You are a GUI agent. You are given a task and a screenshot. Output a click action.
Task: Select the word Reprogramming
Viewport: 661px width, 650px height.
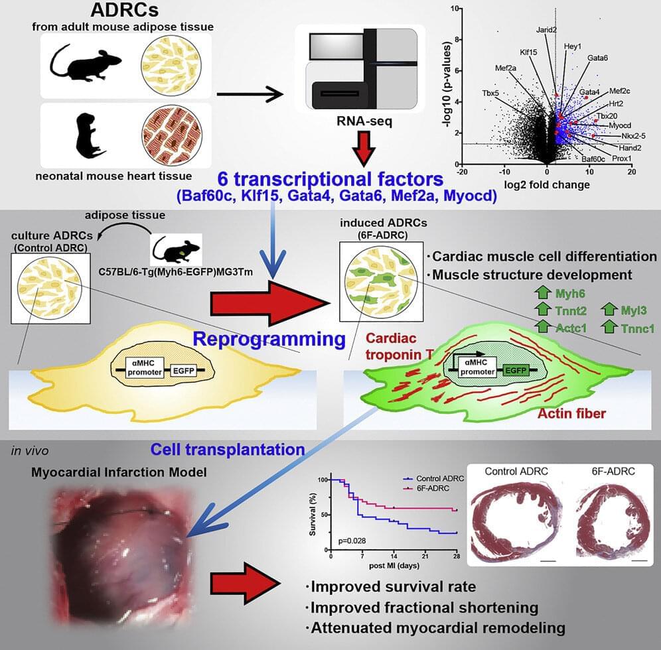pos(269,340)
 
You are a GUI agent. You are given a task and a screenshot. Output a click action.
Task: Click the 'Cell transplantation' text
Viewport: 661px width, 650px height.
pos(228,449)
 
